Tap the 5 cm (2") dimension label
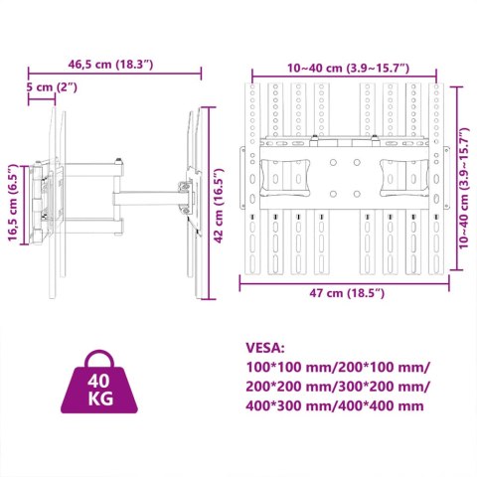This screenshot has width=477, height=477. pos(54,87)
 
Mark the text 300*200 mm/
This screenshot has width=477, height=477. pos(383,387)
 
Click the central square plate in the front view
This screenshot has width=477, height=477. pos(344,177)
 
